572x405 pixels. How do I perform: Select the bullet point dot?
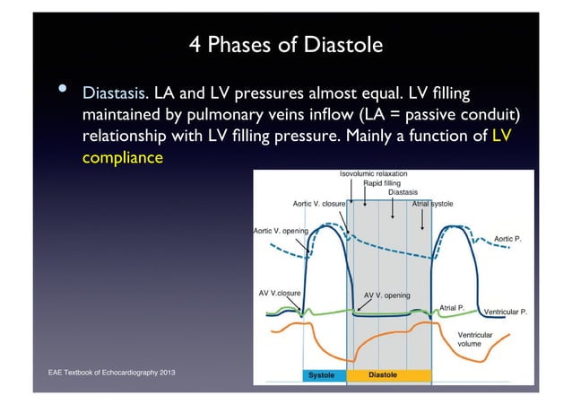[63, 91]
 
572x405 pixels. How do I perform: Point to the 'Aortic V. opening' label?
[282, 231]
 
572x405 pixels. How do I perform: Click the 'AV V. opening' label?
[387, 295]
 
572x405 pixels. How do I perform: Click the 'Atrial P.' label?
[451, 307]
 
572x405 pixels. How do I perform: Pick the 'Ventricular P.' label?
[505, 312]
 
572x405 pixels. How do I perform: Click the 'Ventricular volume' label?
[475, 339]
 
